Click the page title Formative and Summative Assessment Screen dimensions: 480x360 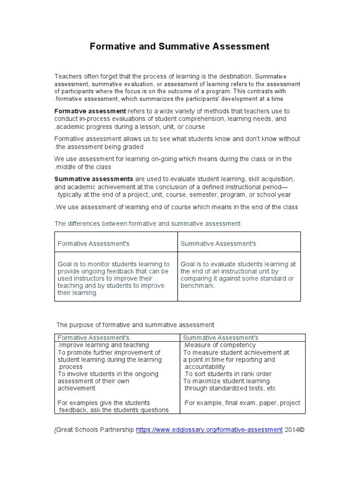coord(180,46)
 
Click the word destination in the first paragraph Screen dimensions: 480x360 coord(235,76)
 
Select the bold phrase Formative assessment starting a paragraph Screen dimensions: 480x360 coord(90,112)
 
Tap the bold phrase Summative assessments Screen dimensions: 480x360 coord(94,179)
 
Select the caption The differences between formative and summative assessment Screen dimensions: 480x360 coord(147,224)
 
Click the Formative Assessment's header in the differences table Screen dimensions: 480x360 coord(93,244)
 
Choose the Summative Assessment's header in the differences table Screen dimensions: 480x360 coord(218,244)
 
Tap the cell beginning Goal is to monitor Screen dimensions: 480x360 coord(113,278)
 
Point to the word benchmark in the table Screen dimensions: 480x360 coord(197,285)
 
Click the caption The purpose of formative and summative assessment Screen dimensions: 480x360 coord(135,324)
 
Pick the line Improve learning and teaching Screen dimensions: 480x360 coord(103,345)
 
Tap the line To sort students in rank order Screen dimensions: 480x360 coord(227,374)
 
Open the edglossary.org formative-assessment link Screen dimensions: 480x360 coord(209,429)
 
